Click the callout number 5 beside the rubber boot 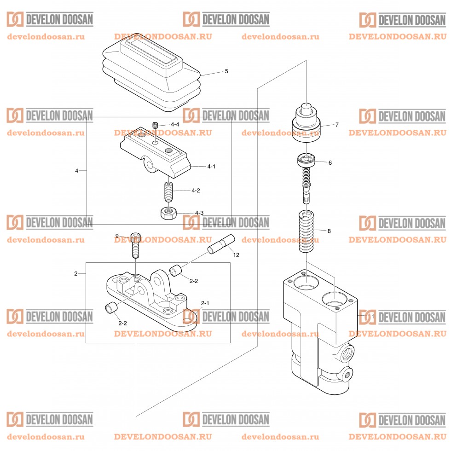tap(226, 71)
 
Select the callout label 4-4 tap(175, 125)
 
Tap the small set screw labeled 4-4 tap(155, 125)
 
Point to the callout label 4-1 tap(211, 166)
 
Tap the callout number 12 tap(236, 254)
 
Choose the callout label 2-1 tap(205, 303)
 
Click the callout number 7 tap(337, 125)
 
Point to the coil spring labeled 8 tap(306, 231)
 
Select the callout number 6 tap(330, 162)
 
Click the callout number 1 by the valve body tap(373, 317)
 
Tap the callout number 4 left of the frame tap(77, 171)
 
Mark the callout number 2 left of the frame tap(76, 274)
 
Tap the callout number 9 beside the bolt tap(117, 236)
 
